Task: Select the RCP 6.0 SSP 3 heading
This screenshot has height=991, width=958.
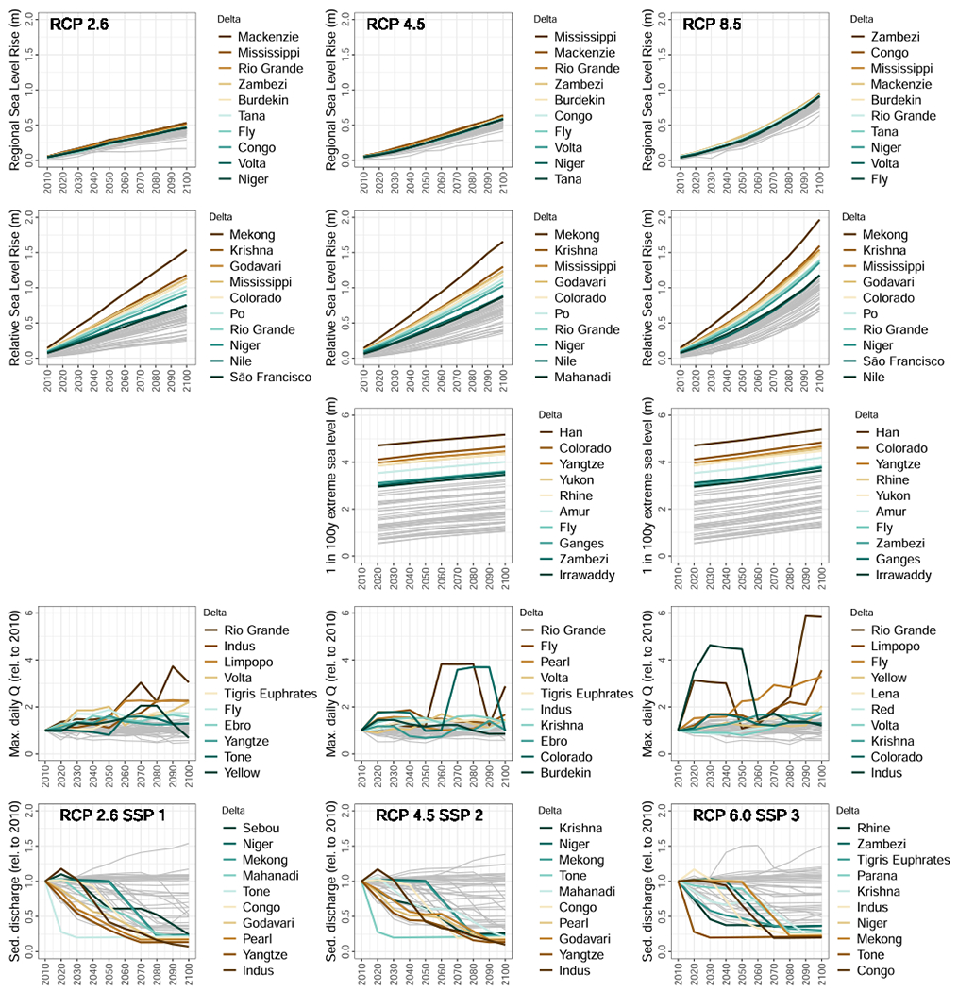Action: [741, 815]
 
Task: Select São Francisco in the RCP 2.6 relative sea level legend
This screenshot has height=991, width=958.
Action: [273, 378]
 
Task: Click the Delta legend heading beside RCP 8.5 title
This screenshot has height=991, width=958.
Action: [861, 18]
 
